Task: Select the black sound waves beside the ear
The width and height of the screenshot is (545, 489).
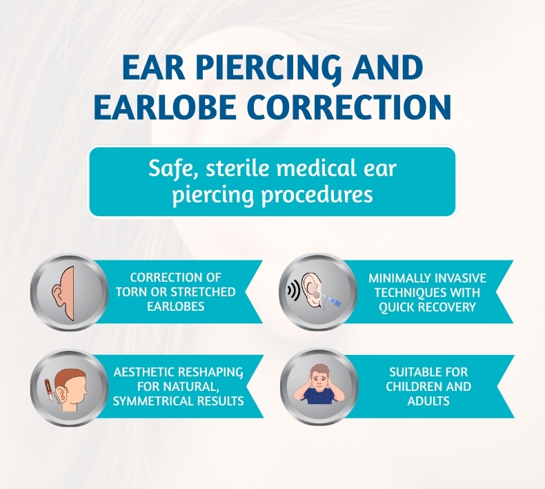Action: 294,291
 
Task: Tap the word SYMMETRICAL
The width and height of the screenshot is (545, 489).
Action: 153,401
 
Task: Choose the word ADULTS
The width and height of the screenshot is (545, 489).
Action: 428,401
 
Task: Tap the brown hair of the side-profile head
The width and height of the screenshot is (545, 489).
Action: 72,377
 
